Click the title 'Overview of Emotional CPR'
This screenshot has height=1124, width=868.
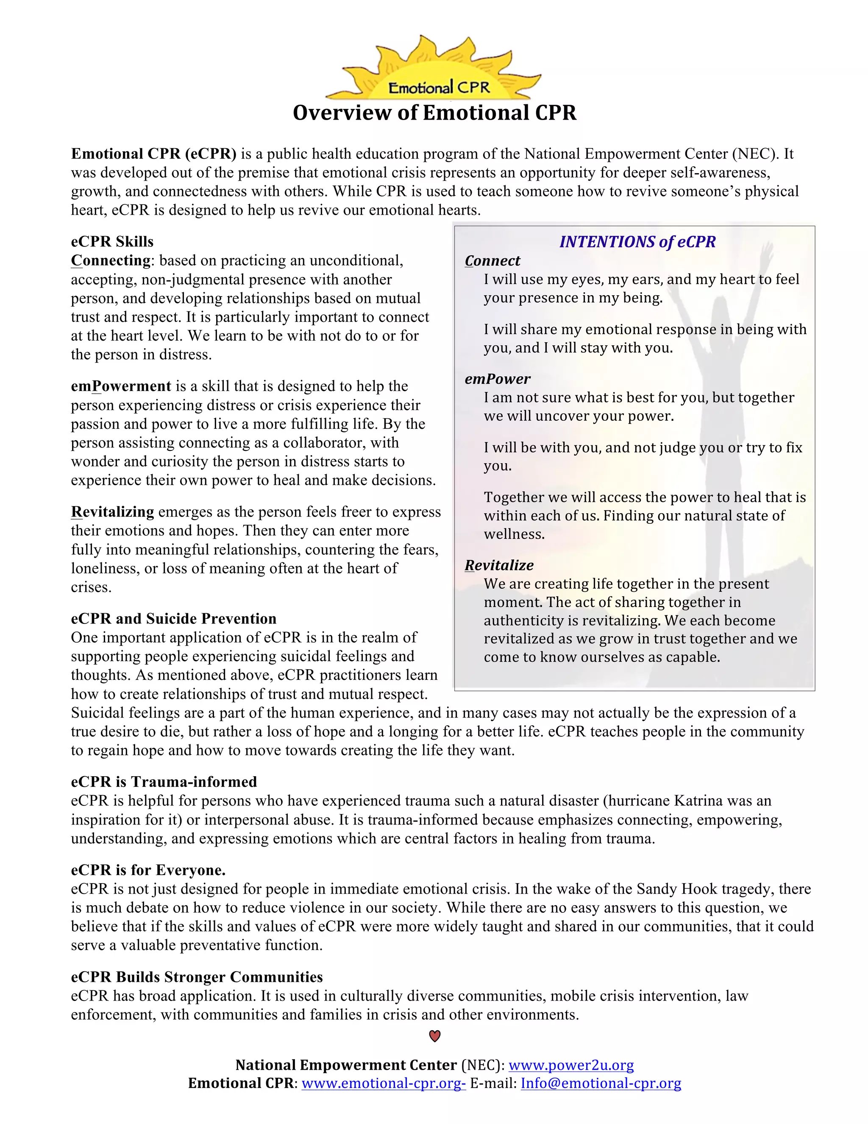pyautogui.click(x=434, y=113)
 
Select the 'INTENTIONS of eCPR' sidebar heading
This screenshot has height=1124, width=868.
pyautogui.click(x=637, y=241)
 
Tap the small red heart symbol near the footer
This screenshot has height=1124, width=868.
pyautogui.click(x=434, y=1036)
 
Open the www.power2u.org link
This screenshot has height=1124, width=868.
pyautogui.click(x=571, y=1064)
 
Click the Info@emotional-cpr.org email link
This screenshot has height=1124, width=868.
pyautogui.click(x=601, y=1083)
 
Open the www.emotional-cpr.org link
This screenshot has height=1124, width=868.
pyautogui.click(x=383, y=1083)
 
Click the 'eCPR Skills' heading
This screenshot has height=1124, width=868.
pyautogui.click(x=112, y=241)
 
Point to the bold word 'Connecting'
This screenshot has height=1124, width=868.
pyautogui.click(x=111, y=260)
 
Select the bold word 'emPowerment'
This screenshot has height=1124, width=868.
pyautogui.click(x=121, y=386)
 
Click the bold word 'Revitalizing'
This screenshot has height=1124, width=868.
pyautogui.click(x=113, y=512)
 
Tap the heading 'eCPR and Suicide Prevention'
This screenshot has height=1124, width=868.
pyautogui.click(x=174, y=618)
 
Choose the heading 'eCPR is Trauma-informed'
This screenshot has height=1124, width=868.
pyautogui.click(x=164, y=782)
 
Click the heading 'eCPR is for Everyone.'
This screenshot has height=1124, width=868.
pyautogui.click(x=148, y=870)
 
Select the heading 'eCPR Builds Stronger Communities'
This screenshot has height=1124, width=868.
pyautogui.click(x=197, y=977)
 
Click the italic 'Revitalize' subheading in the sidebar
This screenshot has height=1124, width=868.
pyautogui.click(x=499, y=565)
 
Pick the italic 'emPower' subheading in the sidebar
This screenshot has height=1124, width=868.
pyautogui.click(x=497, y=379)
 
